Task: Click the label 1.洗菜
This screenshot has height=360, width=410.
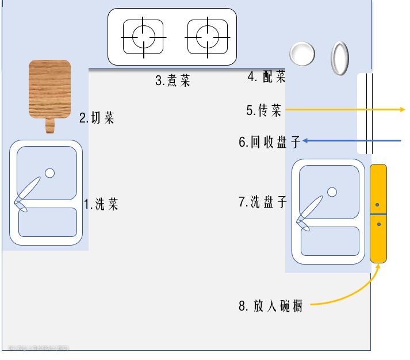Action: (x=101, y=204)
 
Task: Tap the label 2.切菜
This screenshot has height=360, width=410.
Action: (x=97, y=118)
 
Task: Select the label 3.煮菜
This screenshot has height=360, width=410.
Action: (x=173, y=81)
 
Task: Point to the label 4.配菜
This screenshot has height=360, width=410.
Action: (x=266, y=76)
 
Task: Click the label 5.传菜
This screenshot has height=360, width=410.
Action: (x=264, y=110)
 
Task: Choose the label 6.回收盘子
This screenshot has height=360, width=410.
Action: (x=270, y=141)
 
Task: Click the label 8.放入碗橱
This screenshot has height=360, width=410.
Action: (x=271, y=306)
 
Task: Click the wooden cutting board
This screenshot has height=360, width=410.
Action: (x=50, y=89)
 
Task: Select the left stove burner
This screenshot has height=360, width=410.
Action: (x=143, y=37)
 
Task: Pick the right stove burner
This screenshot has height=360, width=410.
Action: (x=206, y=37)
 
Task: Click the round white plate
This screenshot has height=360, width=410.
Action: (x=302, y=53)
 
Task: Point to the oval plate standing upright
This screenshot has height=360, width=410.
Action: (x=340, y=58)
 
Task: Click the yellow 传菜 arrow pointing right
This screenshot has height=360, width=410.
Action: (x=345, y=109)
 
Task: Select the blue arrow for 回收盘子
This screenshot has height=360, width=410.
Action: (x=351, y=140)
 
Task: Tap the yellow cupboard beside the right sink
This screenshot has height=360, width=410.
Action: (x=378, y=213)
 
